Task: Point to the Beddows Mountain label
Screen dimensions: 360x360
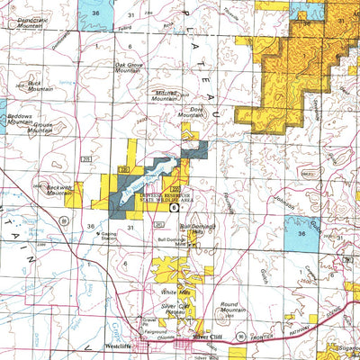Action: (20, 120)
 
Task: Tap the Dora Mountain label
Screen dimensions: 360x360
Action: (190, 112)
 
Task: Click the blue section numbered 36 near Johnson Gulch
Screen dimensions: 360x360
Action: (301, 233)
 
